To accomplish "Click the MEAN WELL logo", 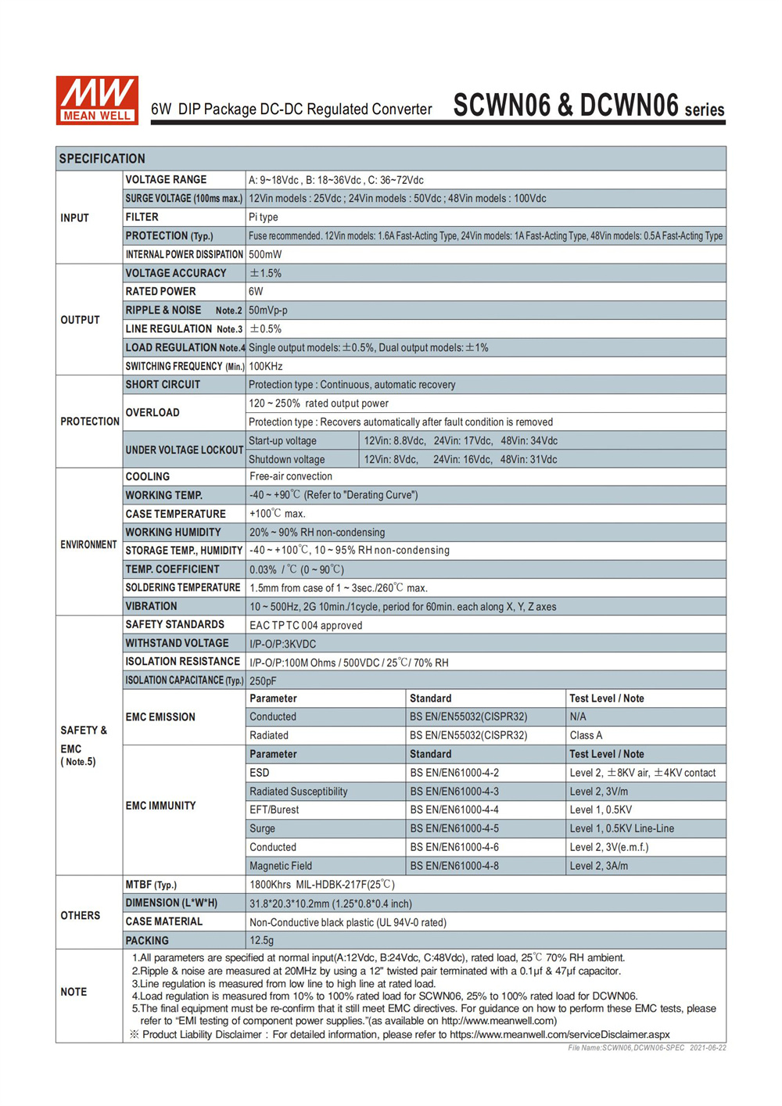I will tap(97, 100).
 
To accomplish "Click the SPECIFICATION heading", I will tap(102, 159).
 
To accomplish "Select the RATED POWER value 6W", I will tap(256, 292).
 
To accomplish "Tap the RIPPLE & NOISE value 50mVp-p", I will tap(268, 311).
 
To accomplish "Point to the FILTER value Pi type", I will tap(264, 217).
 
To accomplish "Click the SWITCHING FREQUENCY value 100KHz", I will tap(266, 366).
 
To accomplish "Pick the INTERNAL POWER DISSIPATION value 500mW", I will tap(265, 255).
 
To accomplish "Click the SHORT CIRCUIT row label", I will tap(163, 385).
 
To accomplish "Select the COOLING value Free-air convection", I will tap(291, 476).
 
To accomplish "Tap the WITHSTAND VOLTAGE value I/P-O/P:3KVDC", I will tap(283, 644).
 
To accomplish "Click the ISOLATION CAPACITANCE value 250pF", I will tap(263, 681).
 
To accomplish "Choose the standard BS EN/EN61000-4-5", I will tap(454, 828).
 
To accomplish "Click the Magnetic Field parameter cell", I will tap(281, 866).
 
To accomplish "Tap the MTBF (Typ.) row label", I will tap(151, 885).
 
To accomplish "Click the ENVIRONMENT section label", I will tap(88, 545).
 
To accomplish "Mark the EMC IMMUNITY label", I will tap(160, 806).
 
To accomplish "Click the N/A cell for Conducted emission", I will tap(578, 716).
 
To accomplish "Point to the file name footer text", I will tap(647, 1048).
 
